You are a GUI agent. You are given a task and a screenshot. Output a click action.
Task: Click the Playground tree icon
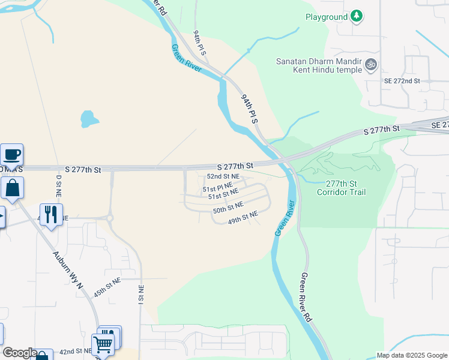(x=357, y=16)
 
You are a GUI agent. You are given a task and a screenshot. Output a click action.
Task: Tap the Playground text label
(x=327, y=17)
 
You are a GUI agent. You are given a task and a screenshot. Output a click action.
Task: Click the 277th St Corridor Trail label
(x=345, y=188)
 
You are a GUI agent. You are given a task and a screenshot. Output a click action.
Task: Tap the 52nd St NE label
(x=223, y=176)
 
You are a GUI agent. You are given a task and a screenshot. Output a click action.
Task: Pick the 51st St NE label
(x=223, y=194)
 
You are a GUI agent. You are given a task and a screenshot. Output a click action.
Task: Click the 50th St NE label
(x=228, y=208)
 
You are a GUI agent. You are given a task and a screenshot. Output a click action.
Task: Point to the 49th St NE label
(x=243, y=217)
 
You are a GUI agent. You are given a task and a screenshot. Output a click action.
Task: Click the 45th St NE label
(x=107, y=287)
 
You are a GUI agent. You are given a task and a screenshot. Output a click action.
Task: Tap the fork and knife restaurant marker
(x=51, y=214)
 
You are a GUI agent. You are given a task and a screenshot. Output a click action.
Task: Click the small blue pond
(x=89, y=118)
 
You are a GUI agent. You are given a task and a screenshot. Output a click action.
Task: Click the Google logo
(x=20, y=353)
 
